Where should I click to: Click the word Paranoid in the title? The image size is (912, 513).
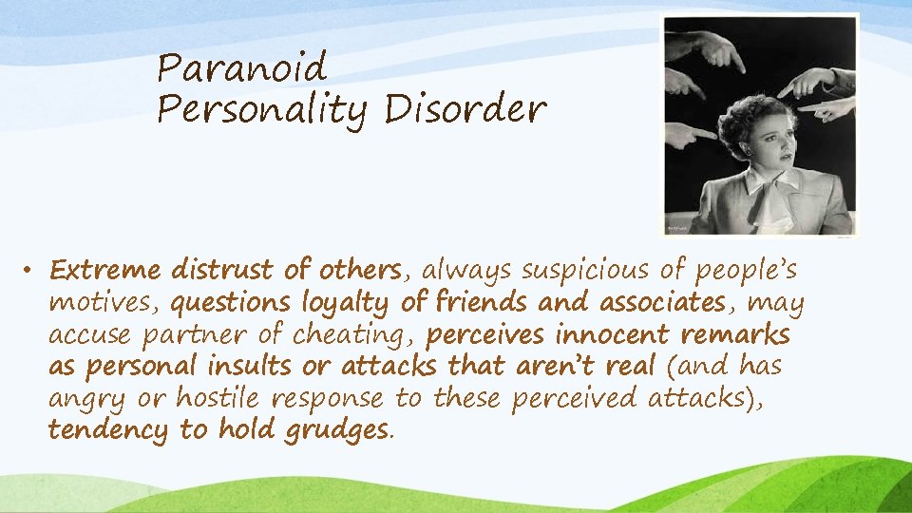(x=241, y=68)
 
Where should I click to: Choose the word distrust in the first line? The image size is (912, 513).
(x=223, y=271)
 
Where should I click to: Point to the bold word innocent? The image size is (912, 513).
(x=609, y=336)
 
